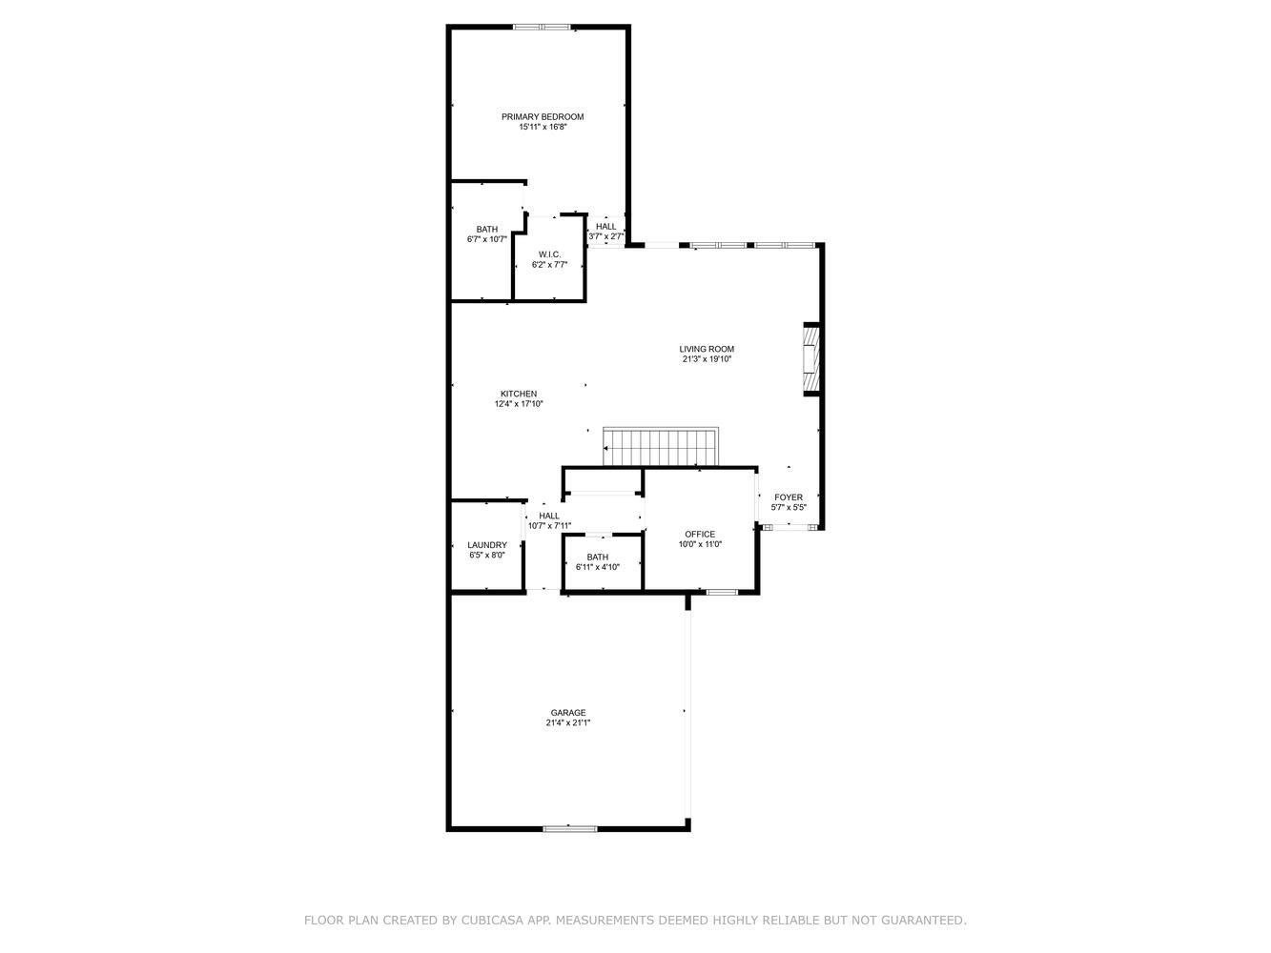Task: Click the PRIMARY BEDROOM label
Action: click(542, 117)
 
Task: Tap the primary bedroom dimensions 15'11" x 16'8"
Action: click(542, 127)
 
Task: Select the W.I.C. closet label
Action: click(549, 254)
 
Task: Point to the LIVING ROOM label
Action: click(706, 349)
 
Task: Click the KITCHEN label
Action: click(519, 394)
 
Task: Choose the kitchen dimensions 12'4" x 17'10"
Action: click(519, 404)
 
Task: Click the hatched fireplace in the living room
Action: click(811, 359)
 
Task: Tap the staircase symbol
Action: click(660, 447)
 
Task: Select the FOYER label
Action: click(789, 497)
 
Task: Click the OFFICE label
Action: click(700, 534)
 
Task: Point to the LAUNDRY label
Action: click(487, 545)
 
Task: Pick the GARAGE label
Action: click(567, 713)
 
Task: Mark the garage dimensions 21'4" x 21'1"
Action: click(567, 722)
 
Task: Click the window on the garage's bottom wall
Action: click(570, 828)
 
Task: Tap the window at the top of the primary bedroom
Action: click(542, 27)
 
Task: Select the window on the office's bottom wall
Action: click(722, 592)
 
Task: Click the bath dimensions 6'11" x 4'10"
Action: click(597, 567)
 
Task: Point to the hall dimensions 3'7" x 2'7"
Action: click(605, 236)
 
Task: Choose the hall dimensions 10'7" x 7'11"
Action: click(549, 526)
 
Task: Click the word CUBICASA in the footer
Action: click(486, 920)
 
